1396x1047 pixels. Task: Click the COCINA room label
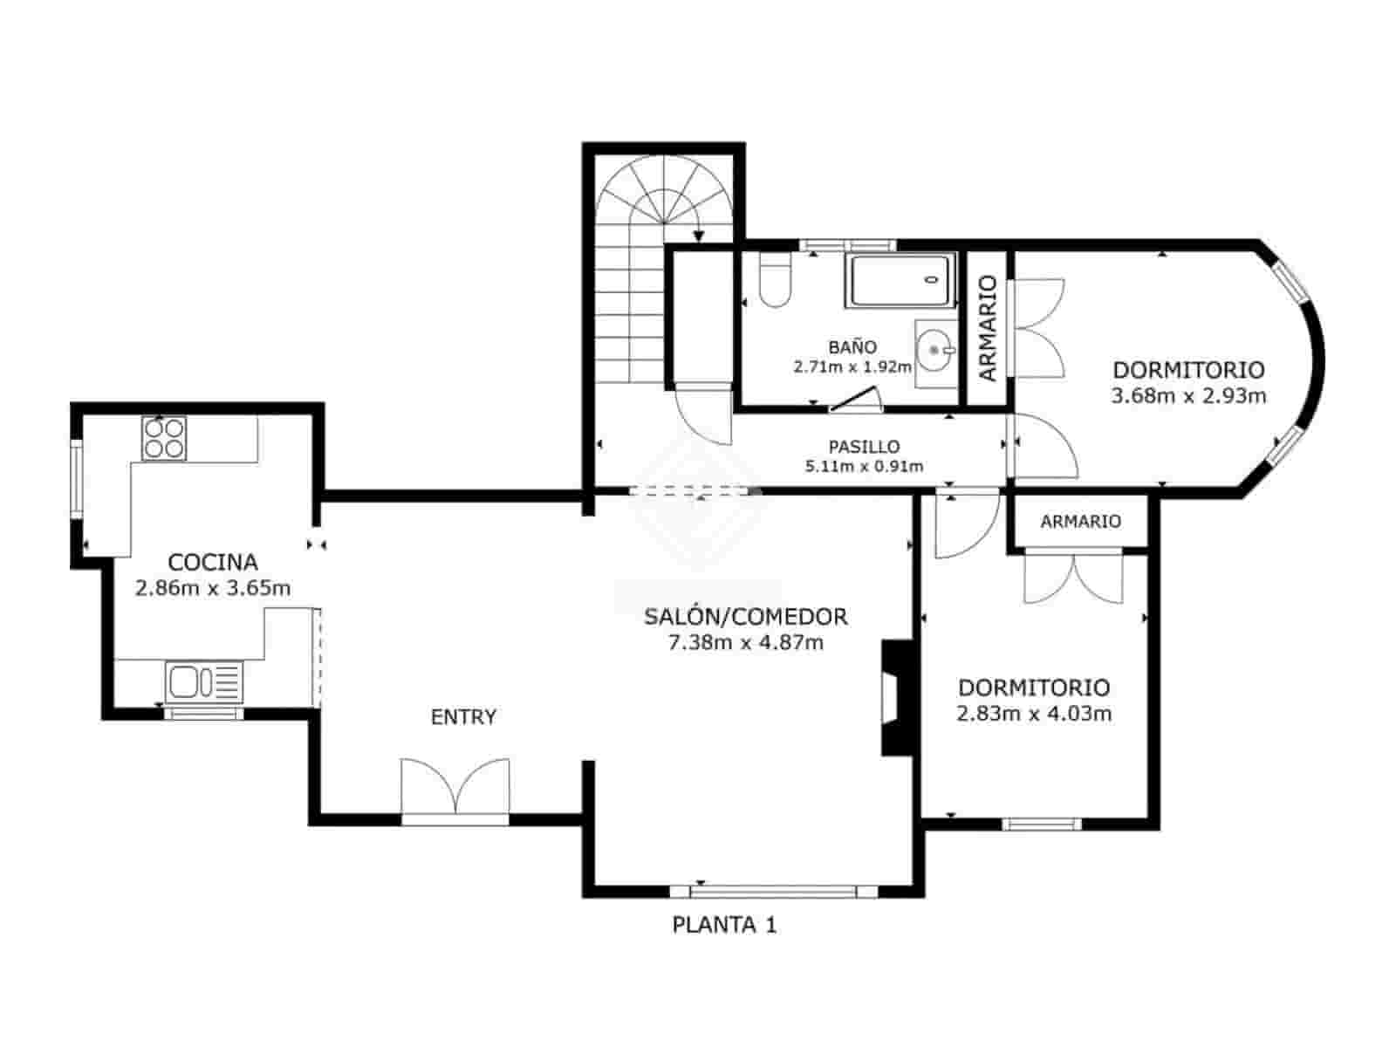tap(213, 562)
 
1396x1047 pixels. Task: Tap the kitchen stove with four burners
tap(164, 438)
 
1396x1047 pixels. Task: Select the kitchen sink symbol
tap(204, 681)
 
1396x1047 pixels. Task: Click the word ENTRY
tap(463, 717)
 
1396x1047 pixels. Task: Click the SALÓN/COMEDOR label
tap(745, 617)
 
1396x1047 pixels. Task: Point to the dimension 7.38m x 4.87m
tap(745, 644)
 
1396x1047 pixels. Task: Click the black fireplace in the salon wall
tap(896, 697)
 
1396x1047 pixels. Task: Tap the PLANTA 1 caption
tap(724, 925)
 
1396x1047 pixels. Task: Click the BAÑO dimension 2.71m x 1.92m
tap(852, 367)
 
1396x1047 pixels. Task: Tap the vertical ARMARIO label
tap(988, 328)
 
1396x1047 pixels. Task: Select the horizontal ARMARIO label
tap(1080, 522)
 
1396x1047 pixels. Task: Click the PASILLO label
tap(864, 447)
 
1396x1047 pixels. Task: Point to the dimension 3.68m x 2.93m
tap(1188, 396)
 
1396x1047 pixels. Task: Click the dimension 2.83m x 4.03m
tap(1034, 714)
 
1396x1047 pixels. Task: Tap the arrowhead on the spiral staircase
tap(699, 236)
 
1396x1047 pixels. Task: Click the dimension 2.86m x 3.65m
tap(213, 588)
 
